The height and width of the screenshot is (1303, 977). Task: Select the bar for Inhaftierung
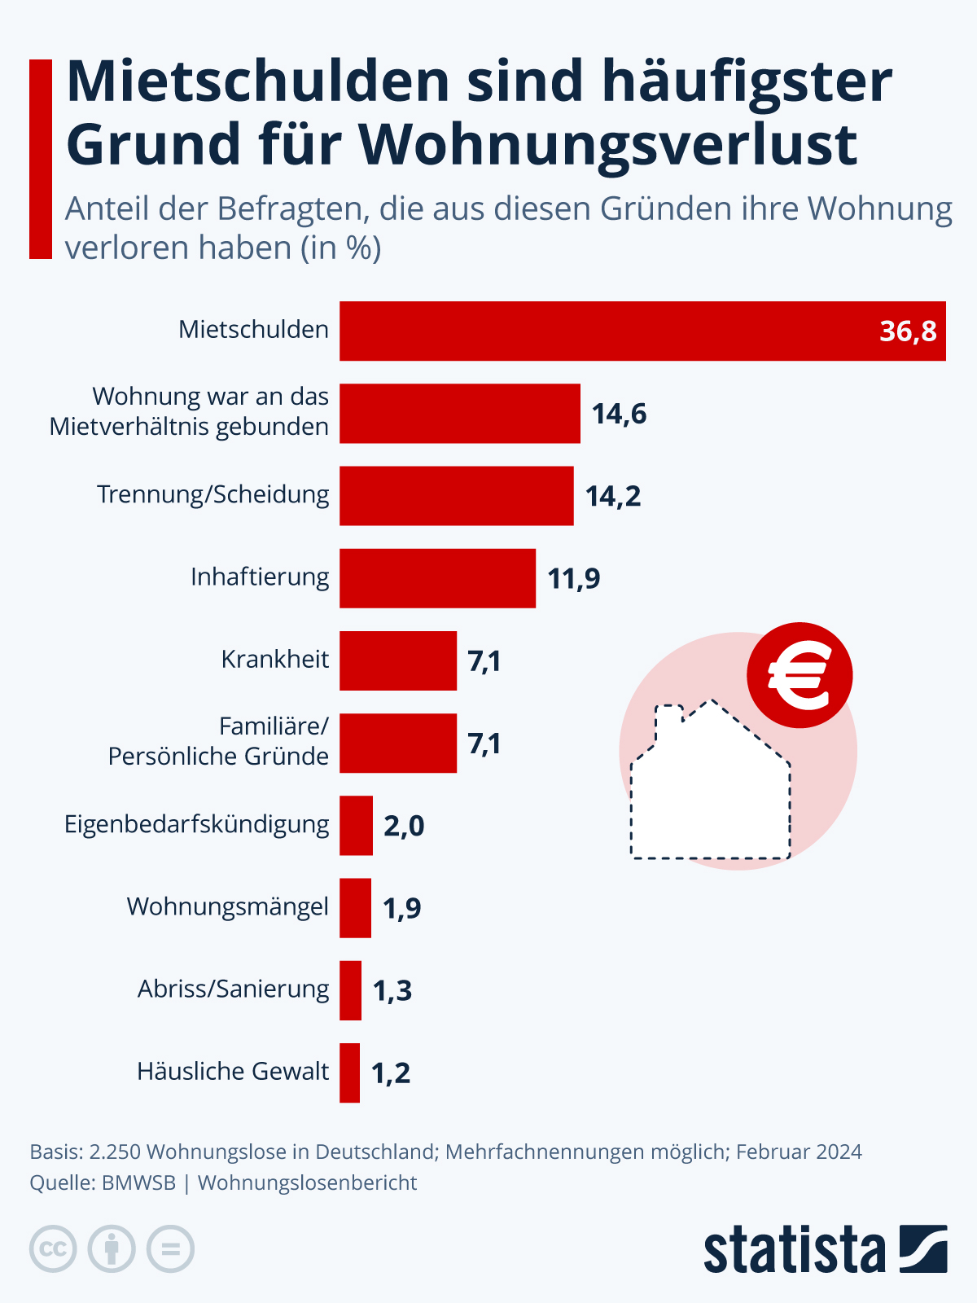click(x=437, y=578)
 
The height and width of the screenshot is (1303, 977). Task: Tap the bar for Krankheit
click(x=397, y=660)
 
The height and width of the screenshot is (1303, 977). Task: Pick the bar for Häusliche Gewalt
click(x=349, y=1073)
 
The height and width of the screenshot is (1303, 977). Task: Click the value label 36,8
click(x=908, y=331)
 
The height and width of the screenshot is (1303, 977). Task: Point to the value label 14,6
click(x=619, y=414)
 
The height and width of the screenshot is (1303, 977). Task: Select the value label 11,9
click(x=573, y=578)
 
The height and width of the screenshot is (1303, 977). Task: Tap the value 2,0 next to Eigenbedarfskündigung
click(x=404, y=826)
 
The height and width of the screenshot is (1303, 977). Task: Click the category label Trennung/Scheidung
click(x=213, y=494)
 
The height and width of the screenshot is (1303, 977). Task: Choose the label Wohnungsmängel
click(x=228, y=906)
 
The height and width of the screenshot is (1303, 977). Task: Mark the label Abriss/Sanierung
click(x=234, y=989)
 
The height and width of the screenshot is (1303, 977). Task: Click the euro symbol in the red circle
click(x=800, y=675)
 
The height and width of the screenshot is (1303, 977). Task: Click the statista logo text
click(x=794, y=1250)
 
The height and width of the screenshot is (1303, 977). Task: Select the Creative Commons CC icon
click(x=54, y=1248)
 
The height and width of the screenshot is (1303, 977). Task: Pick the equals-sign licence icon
click(x=171, y=1248)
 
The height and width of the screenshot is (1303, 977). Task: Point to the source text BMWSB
click(x=138, y=1182)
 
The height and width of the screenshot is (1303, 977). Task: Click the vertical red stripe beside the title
click(x=41, y=159)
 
